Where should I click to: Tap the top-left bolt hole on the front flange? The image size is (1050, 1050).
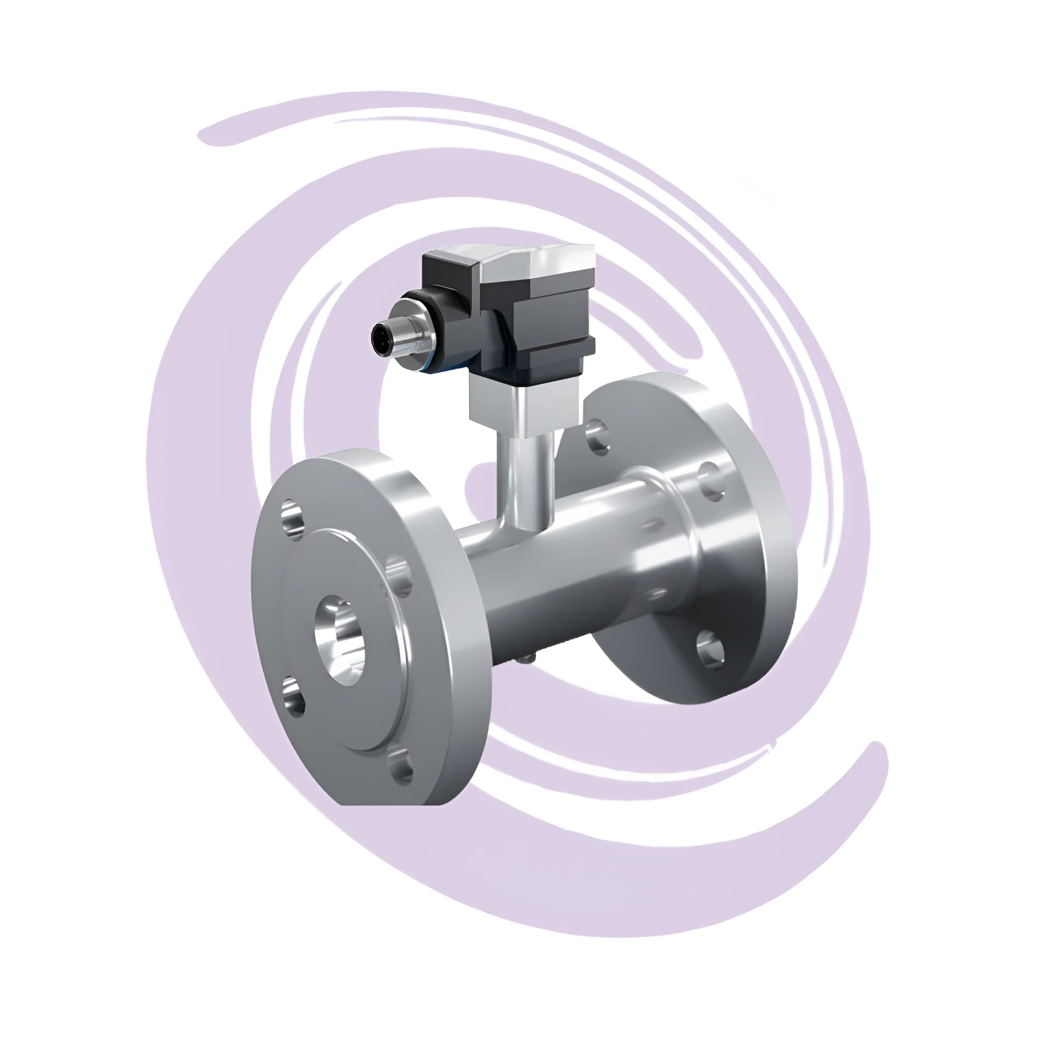(x=294, y=519)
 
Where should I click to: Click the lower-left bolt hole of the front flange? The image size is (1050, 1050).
(x=294, y=697)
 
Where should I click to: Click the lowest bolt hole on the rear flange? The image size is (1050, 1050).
(x=710, y=647)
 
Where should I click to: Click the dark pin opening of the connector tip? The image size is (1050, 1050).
(x=379, y=336)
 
